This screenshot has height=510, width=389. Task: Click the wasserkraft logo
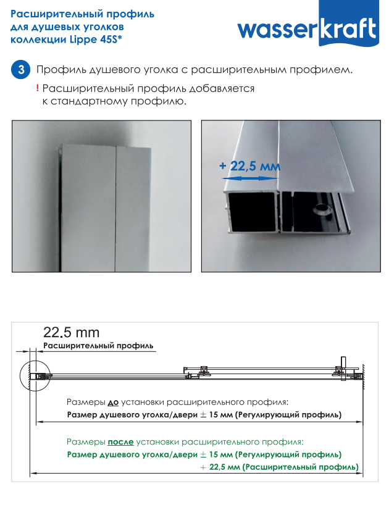[x=308, y=25]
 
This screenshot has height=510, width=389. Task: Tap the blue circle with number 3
[x=21, y=70]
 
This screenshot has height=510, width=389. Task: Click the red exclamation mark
[x=38, y=88]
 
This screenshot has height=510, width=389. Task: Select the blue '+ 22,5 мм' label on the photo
[x=249, y=166]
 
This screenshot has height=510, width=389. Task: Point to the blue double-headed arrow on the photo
[x=249, y=178]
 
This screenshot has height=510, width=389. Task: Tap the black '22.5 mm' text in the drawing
[x=71, y=332]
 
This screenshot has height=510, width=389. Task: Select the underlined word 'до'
[x=113, y=403]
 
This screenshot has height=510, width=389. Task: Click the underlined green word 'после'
[x=120, y=442]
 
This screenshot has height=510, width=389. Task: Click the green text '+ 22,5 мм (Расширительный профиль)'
[x=280, y=467]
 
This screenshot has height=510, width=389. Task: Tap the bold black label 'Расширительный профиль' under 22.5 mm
[x=98, y=346]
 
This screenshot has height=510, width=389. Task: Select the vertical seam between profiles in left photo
[x=115, y=208]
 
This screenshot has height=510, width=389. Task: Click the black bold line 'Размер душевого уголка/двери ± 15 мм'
[x=150, y=415]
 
